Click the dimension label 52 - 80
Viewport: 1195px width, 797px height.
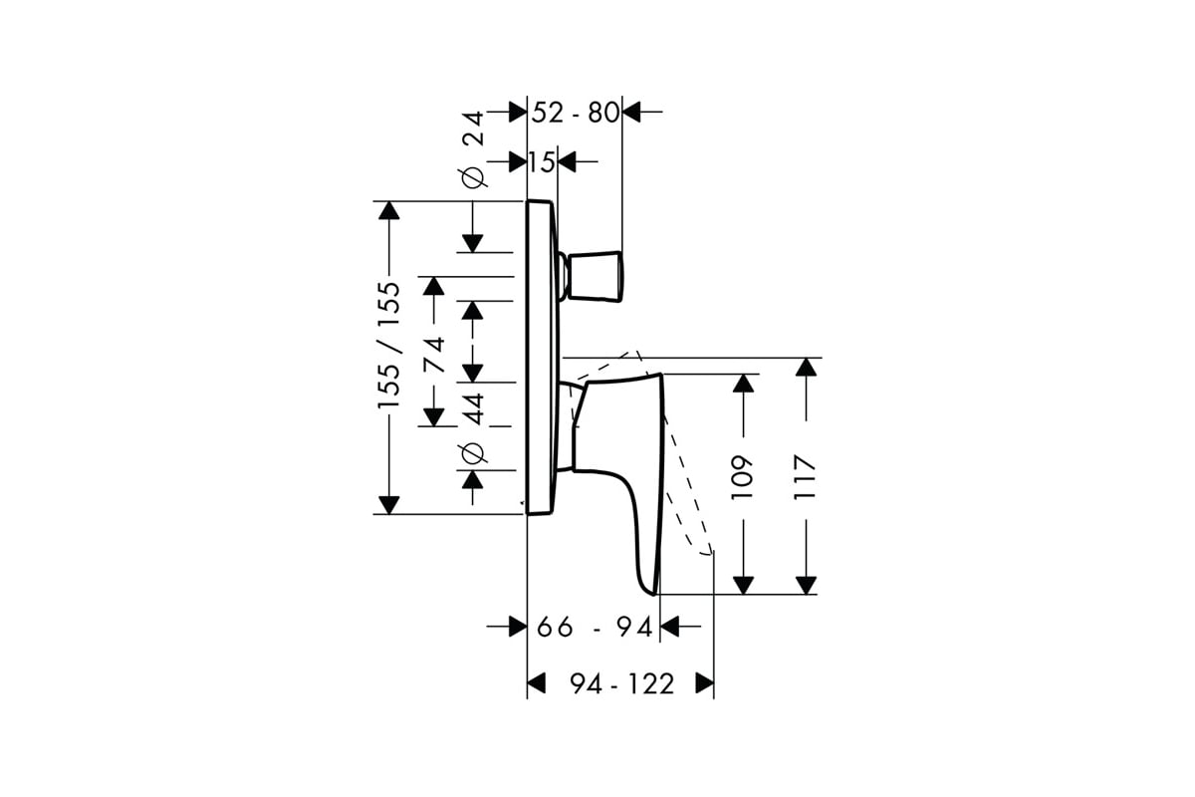pos(576,113)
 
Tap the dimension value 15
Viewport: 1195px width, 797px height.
pos(542,161)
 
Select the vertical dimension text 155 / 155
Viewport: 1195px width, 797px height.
pos(389,346)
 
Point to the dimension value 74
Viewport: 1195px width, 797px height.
pos(434,355)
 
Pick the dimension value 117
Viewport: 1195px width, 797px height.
pos(805,477)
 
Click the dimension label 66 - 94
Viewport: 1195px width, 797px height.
pos(595,627)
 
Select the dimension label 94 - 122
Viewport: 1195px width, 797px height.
pos(622,683)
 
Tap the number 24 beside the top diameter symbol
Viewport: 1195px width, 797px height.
pos(473,129)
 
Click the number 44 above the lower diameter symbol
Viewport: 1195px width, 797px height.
pos(473,408)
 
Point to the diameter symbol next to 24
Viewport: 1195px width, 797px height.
pos(474,177)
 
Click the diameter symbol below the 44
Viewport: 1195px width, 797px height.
pos(474,453)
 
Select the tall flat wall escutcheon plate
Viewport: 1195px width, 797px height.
pos(542,358)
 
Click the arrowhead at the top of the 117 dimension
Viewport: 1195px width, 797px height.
pos(806,368)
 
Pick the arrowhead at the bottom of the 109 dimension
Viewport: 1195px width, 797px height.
pos(743,586)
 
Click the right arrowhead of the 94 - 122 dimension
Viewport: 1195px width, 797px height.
pos(705,683)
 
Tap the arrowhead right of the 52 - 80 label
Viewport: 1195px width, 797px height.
pos(631,113)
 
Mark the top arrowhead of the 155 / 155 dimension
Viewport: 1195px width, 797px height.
pos(389,211)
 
